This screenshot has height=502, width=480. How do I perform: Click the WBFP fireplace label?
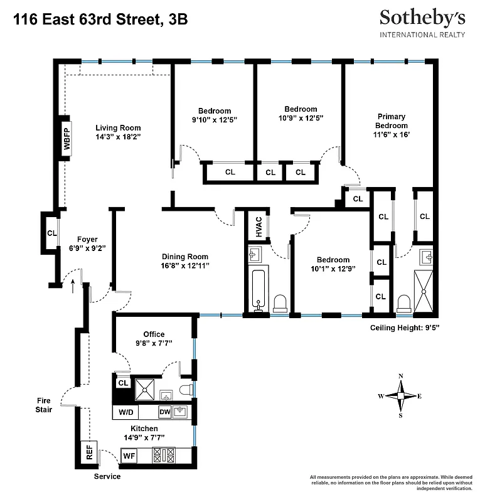[66, 137]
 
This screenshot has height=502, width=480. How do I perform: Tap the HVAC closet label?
[258, 227]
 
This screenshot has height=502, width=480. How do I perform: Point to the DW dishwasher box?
[164, 412]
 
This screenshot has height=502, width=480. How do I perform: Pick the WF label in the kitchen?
[129, 456]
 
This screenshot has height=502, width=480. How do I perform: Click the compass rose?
[401, 395]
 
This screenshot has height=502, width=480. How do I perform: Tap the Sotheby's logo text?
[422, 19]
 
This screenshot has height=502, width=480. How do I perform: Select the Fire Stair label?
[44, 403]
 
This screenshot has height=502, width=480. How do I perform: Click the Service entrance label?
[107, 477]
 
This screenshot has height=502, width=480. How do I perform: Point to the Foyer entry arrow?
[73, 286]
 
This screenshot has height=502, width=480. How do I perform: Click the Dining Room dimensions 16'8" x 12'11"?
[185, 265]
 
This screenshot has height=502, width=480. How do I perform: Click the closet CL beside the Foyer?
[51, 233]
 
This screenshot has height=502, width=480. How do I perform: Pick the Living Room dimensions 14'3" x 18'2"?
[118, 136]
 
